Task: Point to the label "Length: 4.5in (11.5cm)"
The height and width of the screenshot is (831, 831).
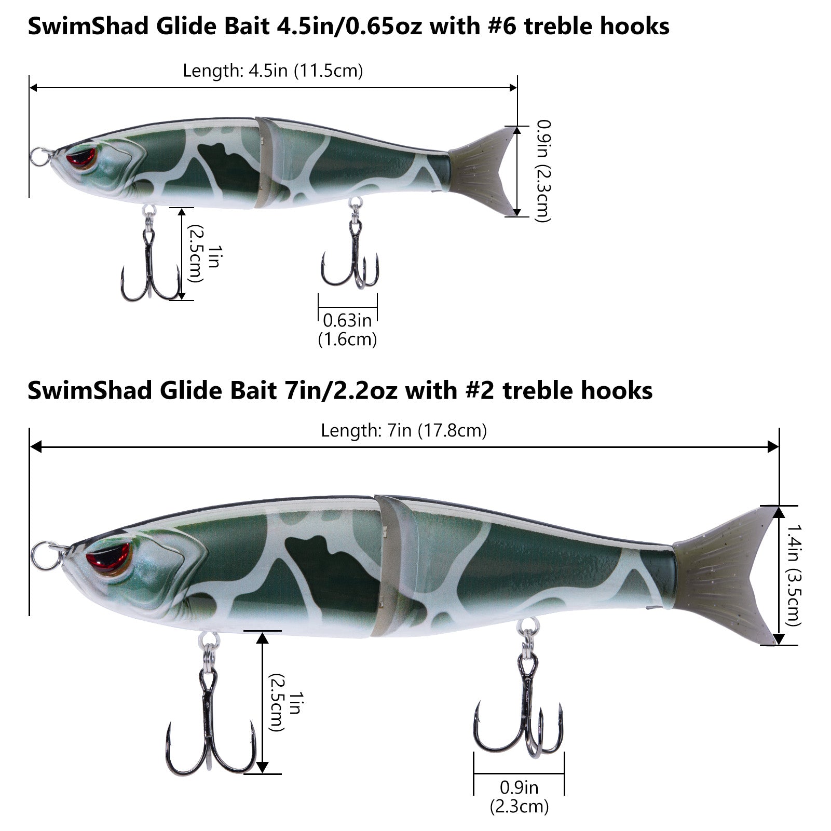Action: pos(273,71)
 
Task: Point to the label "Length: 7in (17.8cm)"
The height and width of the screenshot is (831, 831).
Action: pos(404,430)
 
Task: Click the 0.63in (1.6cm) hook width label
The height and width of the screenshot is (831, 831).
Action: pos(347,330)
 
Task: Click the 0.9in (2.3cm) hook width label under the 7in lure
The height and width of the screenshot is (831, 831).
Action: pos(519,797)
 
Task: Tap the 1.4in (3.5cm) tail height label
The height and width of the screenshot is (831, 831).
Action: pos(794,575)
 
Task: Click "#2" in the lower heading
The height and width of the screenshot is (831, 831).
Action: pos(480,390)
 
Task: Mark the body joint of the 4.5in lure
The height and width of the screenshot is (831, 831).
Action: pos(265,162)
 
